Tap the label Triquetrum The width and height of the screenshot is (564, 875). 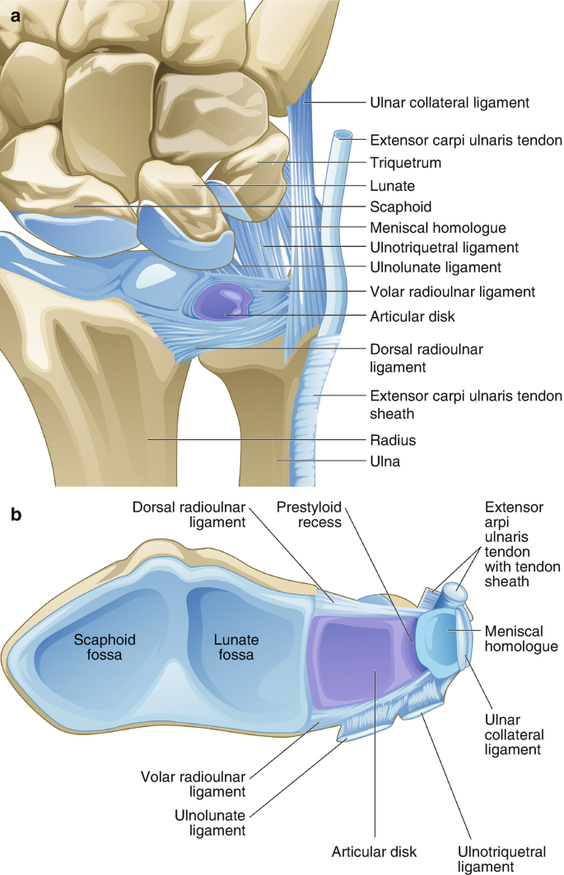[x=405, y=164]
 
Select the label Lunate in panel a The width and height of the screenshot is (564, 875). [x=391, y=185]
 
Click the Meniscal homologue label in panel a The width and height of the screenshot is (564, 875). [x=437, y=227]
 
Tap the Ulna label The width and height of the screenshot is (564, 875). [x=384, y=462]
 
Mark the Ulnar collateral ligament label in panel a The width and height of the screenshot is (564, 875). [x=449, y=104]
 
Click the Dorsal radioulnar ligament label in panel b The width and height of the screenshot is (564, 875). [x=200, y=513]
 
